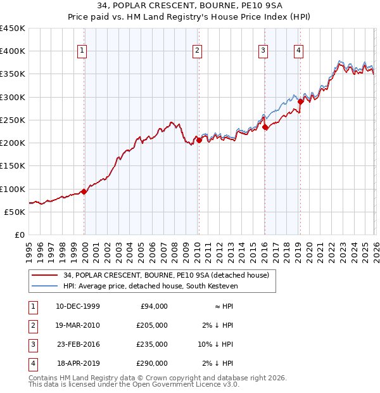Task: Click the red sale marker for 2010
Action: coord(199,140)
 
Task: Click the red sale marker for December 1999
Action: coord(84,191)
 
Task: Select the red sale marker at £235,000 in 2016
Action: coord(265,127)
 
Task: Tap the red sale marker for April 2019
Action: coord(300,101)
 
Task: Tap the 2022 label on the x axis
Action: coord(331,250)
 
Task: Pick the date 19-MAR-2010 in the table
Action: coord(78,325)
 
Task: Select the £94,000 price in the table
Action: coord(153,306)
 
